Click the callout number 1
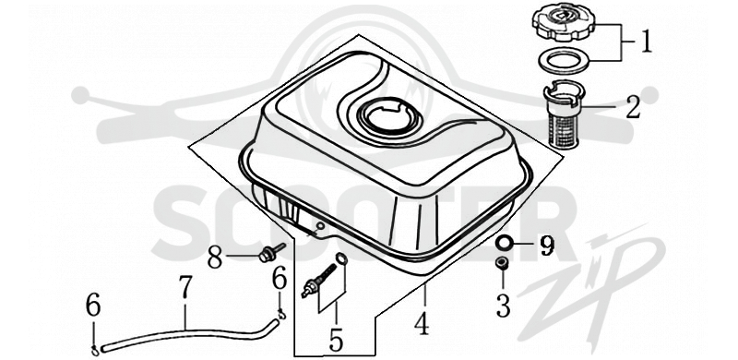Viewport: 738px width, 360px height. click(x=647, y=42)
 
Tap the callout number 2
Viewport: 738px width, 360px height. click(x=633, y=107)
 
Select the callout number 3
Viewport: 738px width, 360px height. click(x=503, y=306)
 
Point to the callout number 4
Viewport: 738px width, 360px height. click(x=422, y=323)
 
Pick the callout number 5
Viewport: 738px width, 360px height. click(x=336, y=341)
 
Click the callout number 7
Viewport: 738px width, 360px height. click(x=185, y=287)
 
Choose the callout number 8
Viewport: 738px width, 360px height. click(x=215, y=258)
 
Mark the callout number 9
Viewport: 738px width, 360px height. click(x=546, y=245)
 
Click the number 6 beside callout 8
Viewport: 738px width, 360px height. click(x=280, y=279)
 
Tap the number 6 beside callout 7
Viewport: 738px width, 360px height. click(x=93, y=306)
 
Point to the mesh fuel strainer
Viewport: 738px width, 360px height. click(x=565, y=115)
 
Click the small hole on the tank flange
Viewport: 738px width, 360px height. click(x=320, y=226)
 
